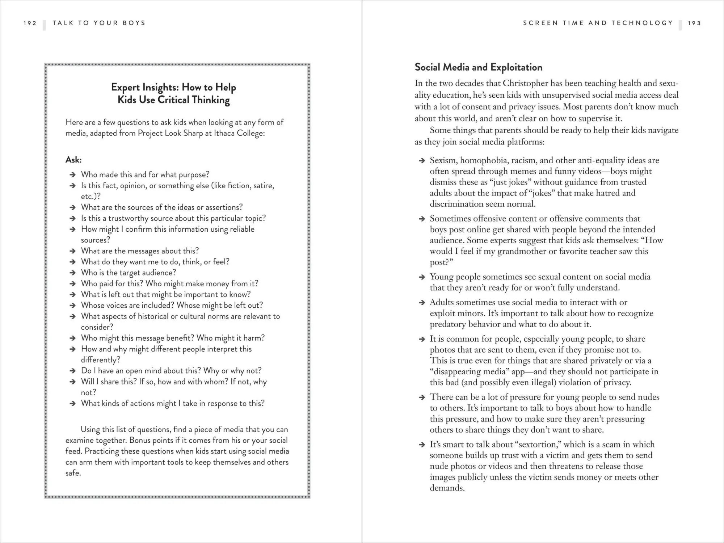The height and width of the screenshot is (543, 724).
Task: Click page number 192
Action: coord(30,23)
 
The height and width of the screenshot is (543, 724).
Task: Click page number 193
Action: coord(694,23)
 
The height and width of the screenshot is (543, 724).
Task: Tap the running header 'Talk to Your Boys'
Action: coord(99,23)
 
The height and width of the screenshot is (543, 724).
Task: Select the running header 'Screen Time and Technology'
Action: coord(598,23)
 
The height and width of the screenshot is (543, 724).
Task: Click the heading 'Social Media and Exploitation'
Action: coord(478,67)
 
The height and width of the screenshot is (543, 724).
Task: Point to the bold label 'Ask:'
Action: coord(73,160)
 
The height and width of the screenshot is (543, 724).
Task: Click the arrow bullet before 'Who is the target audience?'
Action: coord(72,273)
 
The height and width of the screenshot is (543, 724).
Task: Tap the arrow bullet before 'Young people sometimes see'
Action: coord(422,277)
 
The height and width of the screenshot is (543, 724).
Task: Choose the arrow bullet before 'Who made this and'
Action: coord(72,175)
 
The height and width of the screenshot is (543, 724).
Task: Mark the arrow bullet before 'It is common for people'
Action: coord(422,339)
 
